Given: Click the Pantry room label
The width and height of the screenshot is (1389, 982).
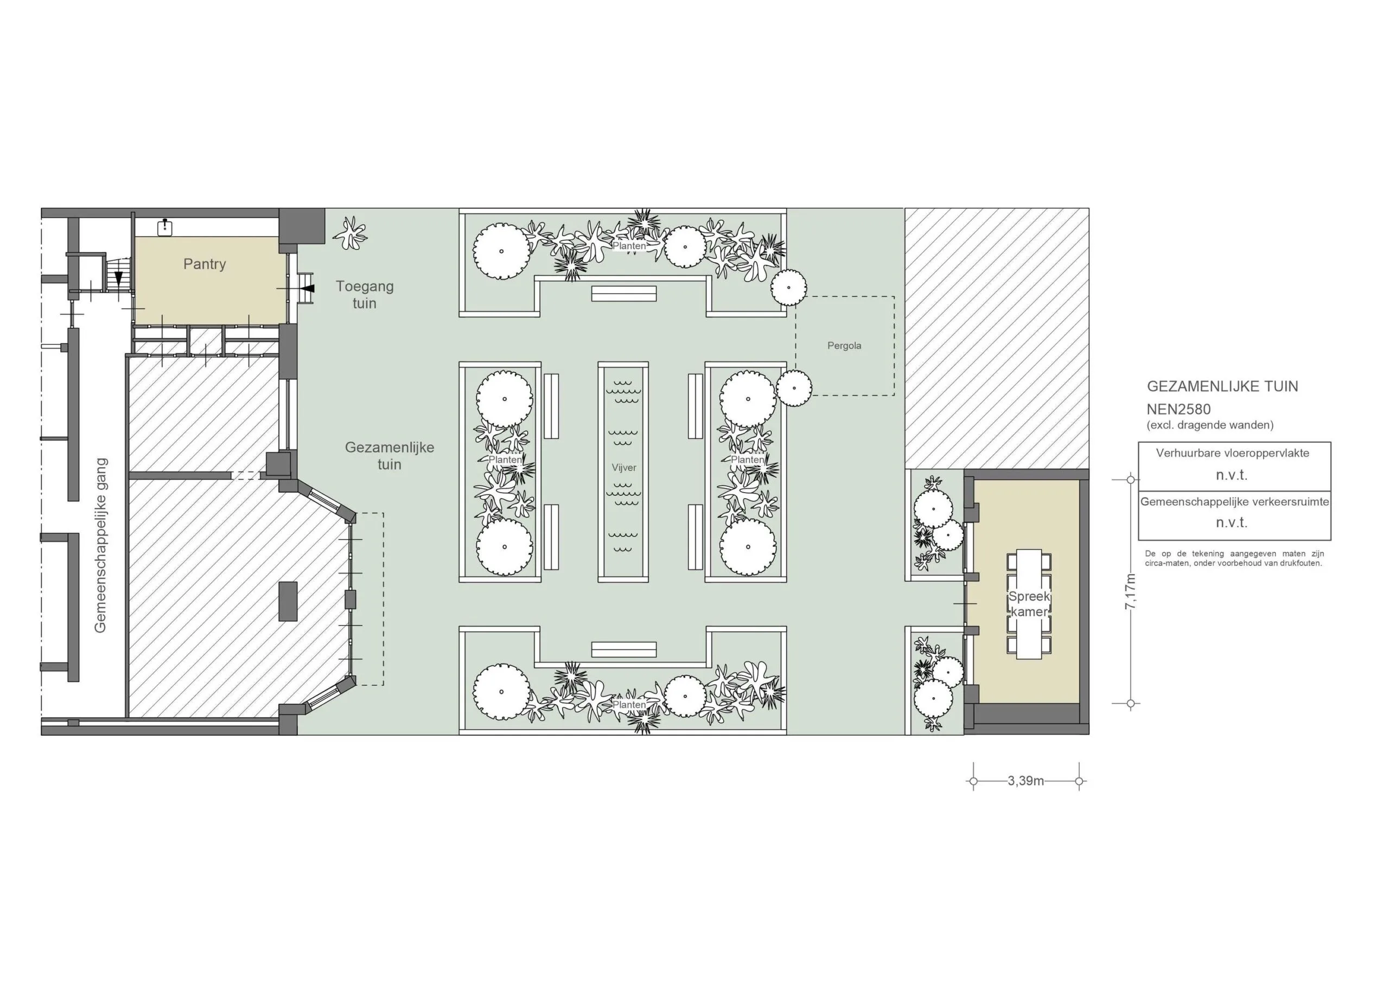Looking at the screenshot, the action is [x=205, y=264].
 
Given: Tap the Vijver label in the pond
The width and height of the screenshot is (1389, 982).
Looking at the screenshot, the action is [x=624, y=468].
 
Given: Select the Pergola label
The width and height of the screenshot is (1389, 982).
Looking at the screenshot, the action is [x=844, y=346].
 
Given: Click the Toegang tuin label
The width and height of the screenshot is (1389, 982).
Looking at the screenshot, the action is [x=365, y=295].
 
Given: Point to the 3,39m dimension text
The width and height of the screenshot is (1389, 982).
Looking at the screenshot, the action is [x=1026, y=781].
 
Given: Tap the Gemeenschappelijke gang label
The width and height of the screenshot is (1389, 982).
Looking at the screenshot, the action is [x=100, y=545].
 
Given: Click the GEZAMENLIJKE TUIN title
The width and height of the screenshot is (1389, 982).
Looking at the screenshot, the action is [x=1222, y=386].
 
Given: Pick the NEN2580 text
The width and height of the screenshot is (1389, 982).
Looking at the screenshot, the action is [x=1178, y=409].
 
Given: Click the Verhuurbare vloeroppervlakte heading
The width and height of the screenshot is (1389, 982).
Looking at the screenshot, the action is [x=1232, y=452].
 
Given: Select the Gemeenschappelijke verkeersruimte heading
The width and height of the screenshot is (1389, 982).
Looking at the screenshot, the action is [x=1235, y=502].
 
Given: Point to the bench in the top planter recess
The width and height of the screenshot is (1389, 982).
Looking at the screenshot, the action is [x=624, y=294].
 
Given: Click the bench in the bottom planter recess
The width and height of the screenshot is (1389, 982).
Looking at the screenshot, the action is [x=624, y=649].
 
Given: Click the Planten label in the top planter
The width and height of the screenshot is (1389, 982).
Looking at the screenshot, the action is [x=629, y=246].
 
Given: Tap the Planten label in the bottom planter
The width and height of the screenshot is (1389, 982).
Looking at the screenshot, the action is [x=629, y=705].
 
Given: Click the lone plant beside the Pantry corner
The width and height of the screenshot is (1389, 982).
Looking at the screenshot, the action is [x=351, y=233].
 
